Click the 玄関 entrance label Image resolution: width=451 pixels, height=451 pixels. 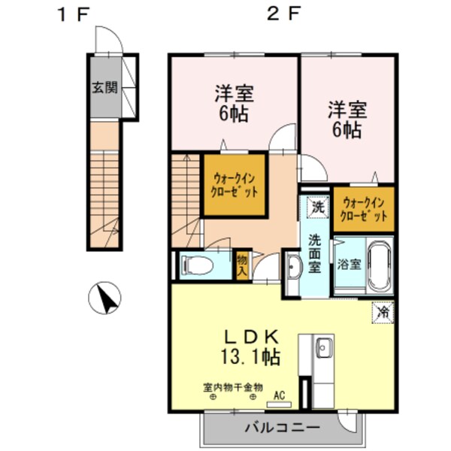tap(105, 87)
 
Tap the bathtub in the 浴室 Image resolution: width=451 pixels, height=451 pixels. tap(380, 265)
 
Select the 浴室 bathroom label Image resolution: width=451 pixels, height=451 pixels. tap(349, 265)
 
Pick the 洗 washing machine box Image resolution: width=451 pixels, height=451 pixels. tap(317, 207)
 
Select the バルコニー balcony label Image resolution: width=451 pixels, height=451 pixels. tap(282, 428)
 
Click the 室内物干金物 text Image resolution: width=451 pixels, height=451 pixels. tap(233, 387)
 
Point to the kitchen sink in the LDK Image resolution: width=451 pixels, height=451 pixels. tap(324, 348)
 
